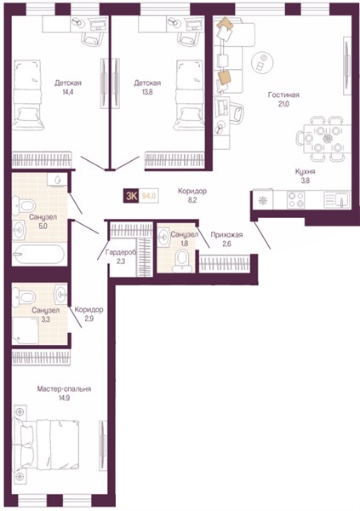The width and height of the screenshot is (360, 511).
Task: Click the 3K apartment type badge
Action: click(131, 196)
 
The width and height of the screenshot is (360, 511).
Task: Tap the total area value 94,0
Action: click(149, 196)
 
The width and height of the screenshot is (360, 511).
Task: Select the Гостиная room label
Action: click(283, 95)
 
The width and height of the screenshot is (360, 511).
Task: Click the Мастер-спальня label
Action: click(64, 389)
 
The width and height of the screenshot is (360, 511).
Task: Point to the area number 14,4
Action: click(68, 92)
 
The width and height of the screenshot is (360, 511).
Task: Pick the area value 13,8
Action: click(147, 92)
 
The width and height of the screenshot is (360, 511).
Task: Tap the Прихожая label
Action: click(226, 235)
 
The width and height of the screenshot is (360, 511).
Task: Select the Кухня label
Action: click(306, 172)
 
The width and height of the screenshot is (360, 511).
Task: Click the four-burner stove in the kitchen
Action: click(296, 199)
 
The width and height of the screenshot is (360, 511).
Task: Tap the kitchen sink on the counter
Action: click(336, 199)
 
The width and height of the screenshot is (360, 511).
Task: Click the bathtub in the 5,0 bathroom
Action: click(39, 254)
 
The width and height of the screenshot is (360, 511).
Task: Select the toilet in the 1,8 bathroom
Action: click(182, 261)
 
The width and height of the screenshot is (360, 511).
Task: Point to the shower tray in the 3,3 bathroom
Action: click(26, 330)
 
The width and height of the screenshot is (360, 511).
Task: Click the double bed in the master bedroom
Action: click(46, 445)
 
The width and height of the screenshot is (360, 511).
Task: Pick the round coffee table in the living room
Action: click(262, 62)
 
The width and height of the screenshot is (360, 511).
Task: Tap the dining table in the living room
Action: click(327, 139)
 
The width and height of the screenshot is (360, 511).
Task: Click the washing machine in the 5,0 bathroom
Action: click(57, 179)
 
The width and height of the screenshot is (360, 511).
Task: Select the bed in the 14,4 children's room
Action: click(28, 95)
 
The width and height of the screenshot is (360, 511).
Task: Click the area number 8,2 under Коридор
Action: click(192, 200)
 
